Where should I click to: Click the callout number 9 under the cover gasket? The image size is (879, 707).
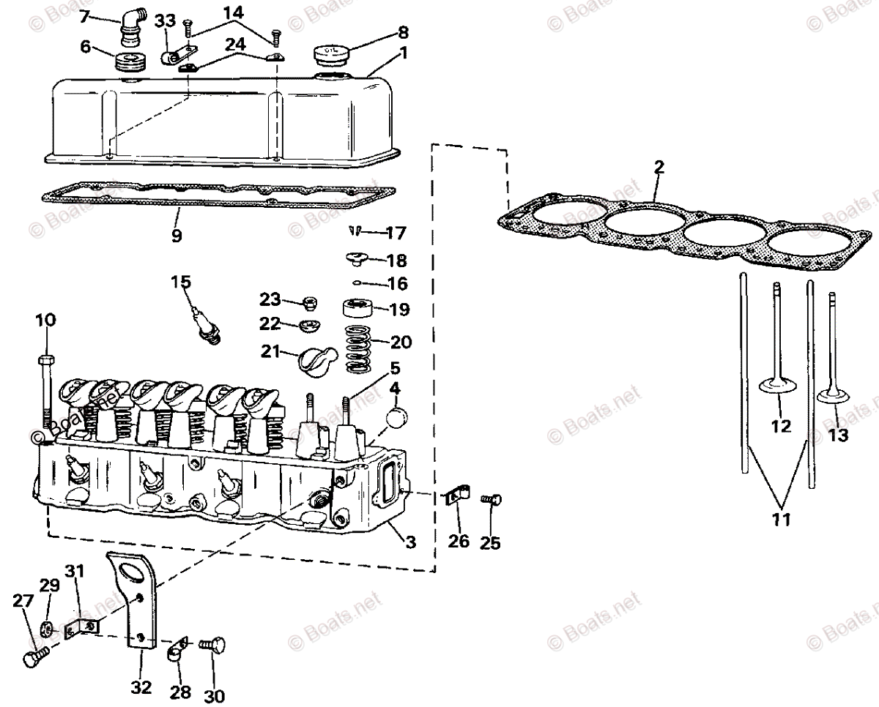click(x=177, y=236)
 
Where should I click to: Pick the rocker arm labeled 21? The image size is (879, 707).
click(x=316, y=359)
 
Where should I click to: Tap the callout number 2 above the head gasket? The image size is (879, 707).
click(x=659, y=167)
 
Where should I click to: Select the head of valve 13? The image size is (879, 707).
click(x=834, y=398)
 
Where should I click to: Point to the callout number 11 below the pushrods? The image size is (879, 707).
click(x=781, y=520)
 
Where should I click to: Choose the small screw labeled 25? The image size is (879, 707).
click(x=490, y=499)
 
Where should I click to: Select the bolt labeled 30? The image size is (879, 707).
click(x=213, y=645)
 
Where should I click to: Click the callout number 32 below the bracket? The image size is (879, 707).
click(x=141, y=688)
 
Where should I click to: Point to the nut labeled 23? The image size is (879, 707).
click(x=309, y=302)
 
